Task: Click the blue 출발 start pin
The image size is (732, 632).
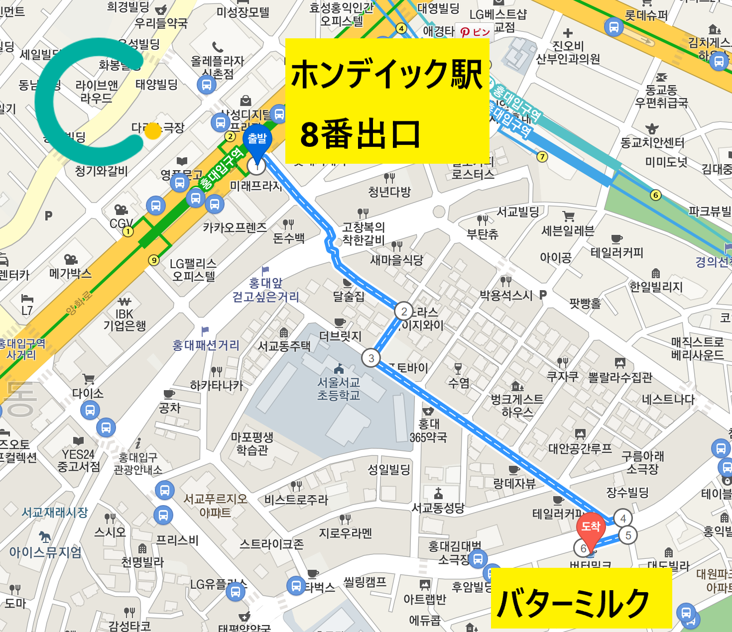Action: (x=257, y=140)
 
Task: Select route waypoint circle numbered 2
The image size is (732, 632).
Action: (x=404, y=312)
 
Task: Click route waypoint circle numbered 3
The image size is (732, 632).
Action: (x=371, y=358)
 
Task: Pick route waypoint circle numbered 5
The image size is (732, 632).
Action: (x=628, y=535)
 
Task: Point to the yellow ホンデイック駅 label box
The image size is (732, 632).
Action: (x=387, y=101)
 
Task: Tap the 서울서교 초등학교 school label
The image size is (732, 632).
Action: (x=339, y=389)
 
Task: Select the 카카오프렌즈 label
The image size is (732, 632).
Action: (x=235, y=228)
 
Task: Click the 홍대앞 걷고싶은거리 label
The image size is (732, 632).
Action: (x=265, y=290)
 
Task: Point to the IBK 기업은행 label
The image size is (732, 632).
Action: (x=124, y=320)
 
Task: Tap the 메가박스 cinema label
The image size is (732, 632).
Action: (x=70, y=273)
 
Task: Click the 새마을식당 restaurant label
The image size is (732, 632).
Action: (x=396, y=260)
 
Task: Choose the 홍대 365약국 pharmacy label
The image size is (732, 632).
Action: (x=428, y=430)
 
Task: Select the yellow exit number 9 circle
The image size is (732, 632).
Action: (x=154, y=260)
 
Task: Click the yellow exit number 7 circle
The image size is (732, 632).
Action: (x=542, y=157)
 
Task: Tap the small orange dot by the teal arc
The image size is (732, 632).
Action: (x=153, y=131)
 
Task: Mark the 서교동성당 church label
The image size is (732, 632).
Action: (x=438, y=508)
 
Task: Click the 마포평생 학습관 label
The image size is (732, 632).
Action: (x=252, y=443)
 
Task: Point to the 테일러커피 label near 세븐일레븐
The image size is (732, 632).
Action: (x=616, y=253)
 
